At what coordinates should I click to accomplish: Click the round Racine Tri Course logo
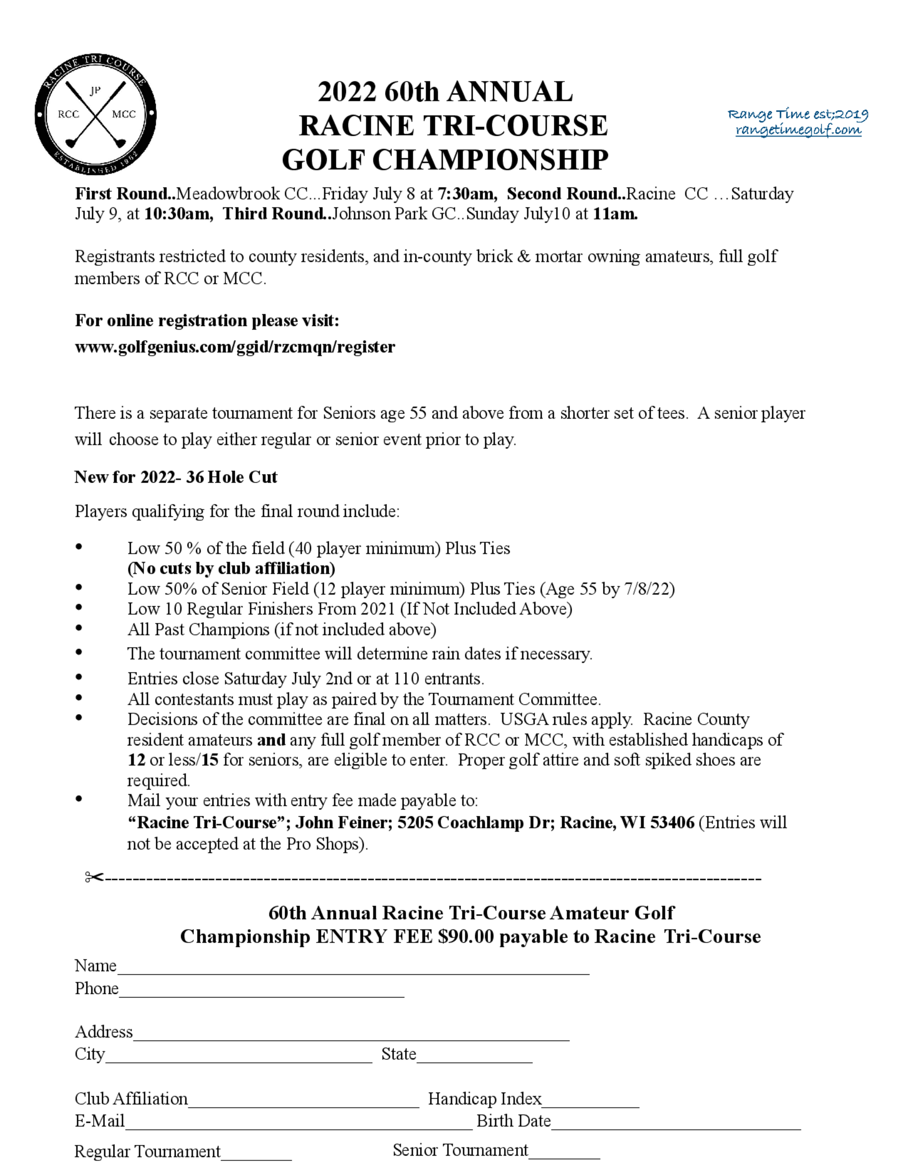point(96,114)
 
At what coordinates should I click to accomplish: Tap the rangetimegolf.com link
point(798,130)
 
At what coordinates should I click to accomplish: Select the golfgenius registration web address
point(235,347)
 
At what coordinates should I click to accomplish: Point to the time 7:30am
point(466,194)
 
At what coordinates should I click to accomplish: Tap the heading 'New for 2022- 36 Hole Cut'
point(175,477)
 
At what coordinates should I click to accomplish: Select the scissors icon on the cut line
point(93,878)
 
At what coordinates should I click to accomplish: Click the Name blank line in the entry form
point(353,968)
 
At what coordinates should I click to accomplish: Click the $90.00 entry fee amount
point(466,937)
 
